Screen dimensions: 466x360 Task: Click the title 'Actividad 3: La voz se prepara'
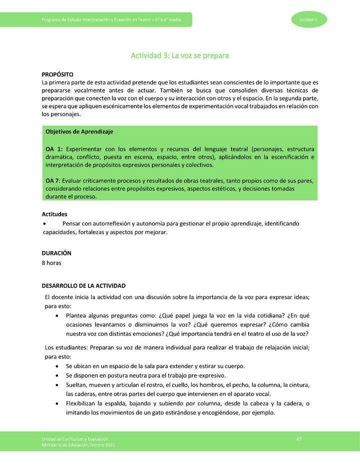pos(179,55)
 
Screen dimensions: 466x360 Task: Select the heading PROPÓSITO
pos(57,74)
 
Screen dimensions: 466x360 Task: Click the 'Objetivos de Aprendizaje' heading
pos(79,131)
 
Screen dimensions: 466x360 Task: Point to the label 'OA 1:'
pos(54,149)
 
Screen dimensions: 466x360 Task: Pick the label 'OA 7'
pos(53,180)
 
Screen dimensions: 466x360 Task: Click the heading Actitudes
pos(54,214)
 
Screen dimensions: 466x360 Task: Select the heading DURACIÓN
pos(56,253)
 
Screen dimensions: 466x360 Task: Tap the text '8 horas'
pos(51,262)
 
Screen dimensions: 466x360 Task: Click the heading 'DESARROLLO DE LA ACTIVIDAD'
pos(83,286)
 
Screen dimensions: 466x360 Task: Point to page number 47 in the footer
pos(298,438)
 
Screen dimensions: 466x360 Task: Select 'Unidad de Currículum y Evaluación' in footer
pos(75,438)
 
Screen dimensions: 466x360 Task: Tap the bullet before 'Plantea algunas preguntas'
pos(59,316)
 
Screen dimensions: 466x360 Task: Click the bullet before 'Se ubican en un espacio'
pos(59,366)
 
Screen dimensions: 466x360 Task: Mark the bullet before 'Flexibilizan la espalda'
pos(59,403)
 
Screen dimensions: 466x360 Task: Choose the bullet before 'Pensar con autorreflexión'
pos(45,223)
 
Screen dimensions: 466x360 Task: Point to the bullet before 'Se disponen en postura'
pos(59,375)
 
